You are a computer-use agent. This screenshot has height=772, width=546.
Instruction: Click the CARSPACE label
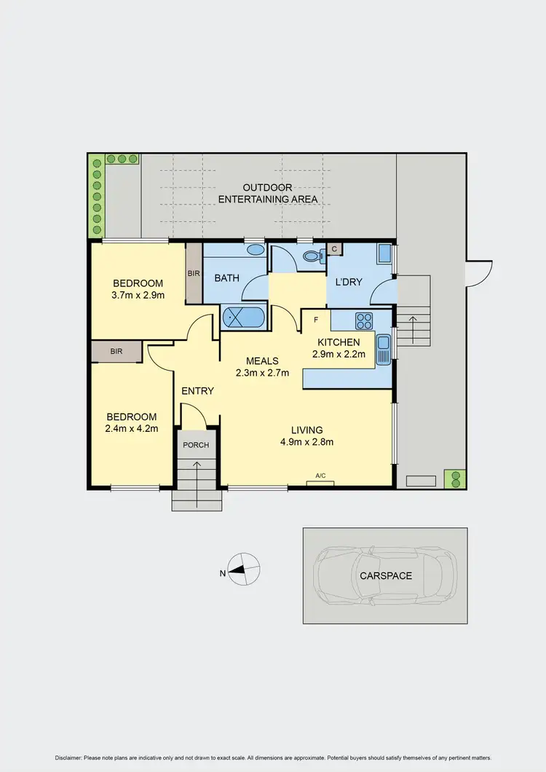[385, 575]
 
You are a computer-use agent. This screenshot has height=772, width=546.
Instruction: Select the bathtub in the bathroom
[245, 318]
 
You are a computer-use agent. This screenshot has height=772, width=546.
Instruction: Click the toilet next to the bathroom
[312, 256]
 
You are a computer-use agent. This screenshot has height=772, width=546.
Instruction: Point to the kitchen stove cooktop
[363, 320]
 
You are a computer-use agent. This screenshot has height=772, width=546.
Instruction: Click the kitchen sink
[383, 349]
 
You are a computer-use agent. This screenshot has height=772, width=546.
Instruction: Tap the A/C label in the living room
[320, 476]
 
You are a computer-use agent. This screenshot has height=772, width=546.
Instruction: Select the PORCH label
[197, 445]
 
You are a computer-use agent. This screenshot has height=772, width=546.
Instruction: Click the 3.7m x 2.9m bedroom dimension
[138, 296]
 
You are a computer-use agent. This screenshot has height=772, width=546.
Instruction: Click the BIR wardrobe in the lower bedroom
[116, 352]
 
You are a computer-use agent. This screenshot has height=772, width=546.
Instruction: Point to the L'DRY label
[348, 282]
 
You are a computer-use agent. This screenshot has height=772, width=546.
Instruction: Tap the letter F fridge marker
[315, 319]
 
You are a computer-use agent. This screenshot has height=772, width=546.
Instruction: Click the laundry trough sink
[383, 254]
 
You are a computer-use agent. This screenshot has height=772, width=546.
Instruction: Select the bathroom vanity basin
[256, 250]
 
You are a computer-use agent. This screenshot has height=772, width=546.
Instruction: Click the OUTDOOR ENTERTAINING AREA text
[269, 193]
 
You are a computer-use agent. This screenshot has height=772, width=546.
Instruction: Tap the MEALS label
[262, 361]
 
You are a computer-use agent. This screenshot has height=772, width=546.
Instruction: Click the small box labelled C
[334, 249]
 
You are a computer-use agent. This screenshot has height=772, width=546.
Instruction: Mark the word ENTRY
[197, 391]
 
